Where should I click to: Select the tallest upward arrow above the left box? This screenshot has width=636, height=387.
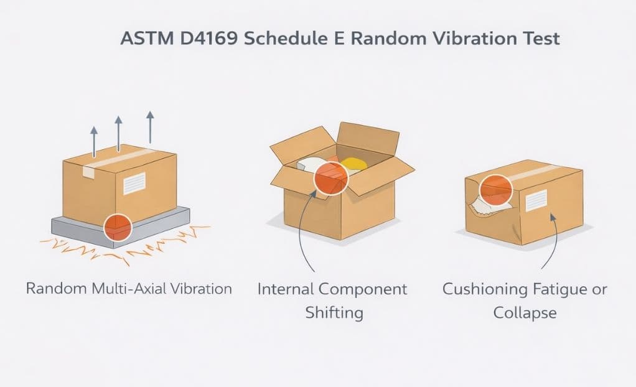pyautogui.click(x=149, y=128)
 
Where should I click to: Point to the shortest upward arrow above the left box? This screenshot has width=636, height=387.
pyautogui.click(x=94, y=140)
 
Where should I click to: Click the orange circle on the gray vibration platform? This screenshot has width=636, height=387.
pyautogui.click(x=117, y=227)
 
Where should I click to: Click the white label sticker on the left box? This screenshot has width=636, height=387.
pyautogui.click(x=134, y=185)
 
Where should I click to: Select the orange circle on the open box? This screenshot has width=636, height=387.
pyautogui.click(x=330, y=177)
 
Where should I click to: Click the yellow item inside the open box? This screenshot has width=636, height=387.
pyautogui.click(x=353, y=163)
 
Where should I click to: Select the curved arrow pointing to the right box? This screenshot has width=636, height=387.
pyautogui.click(x=548, y=243)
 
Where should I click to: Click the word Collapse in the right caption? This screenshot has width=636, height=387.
pyautogui.click(x=524, y=312)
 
